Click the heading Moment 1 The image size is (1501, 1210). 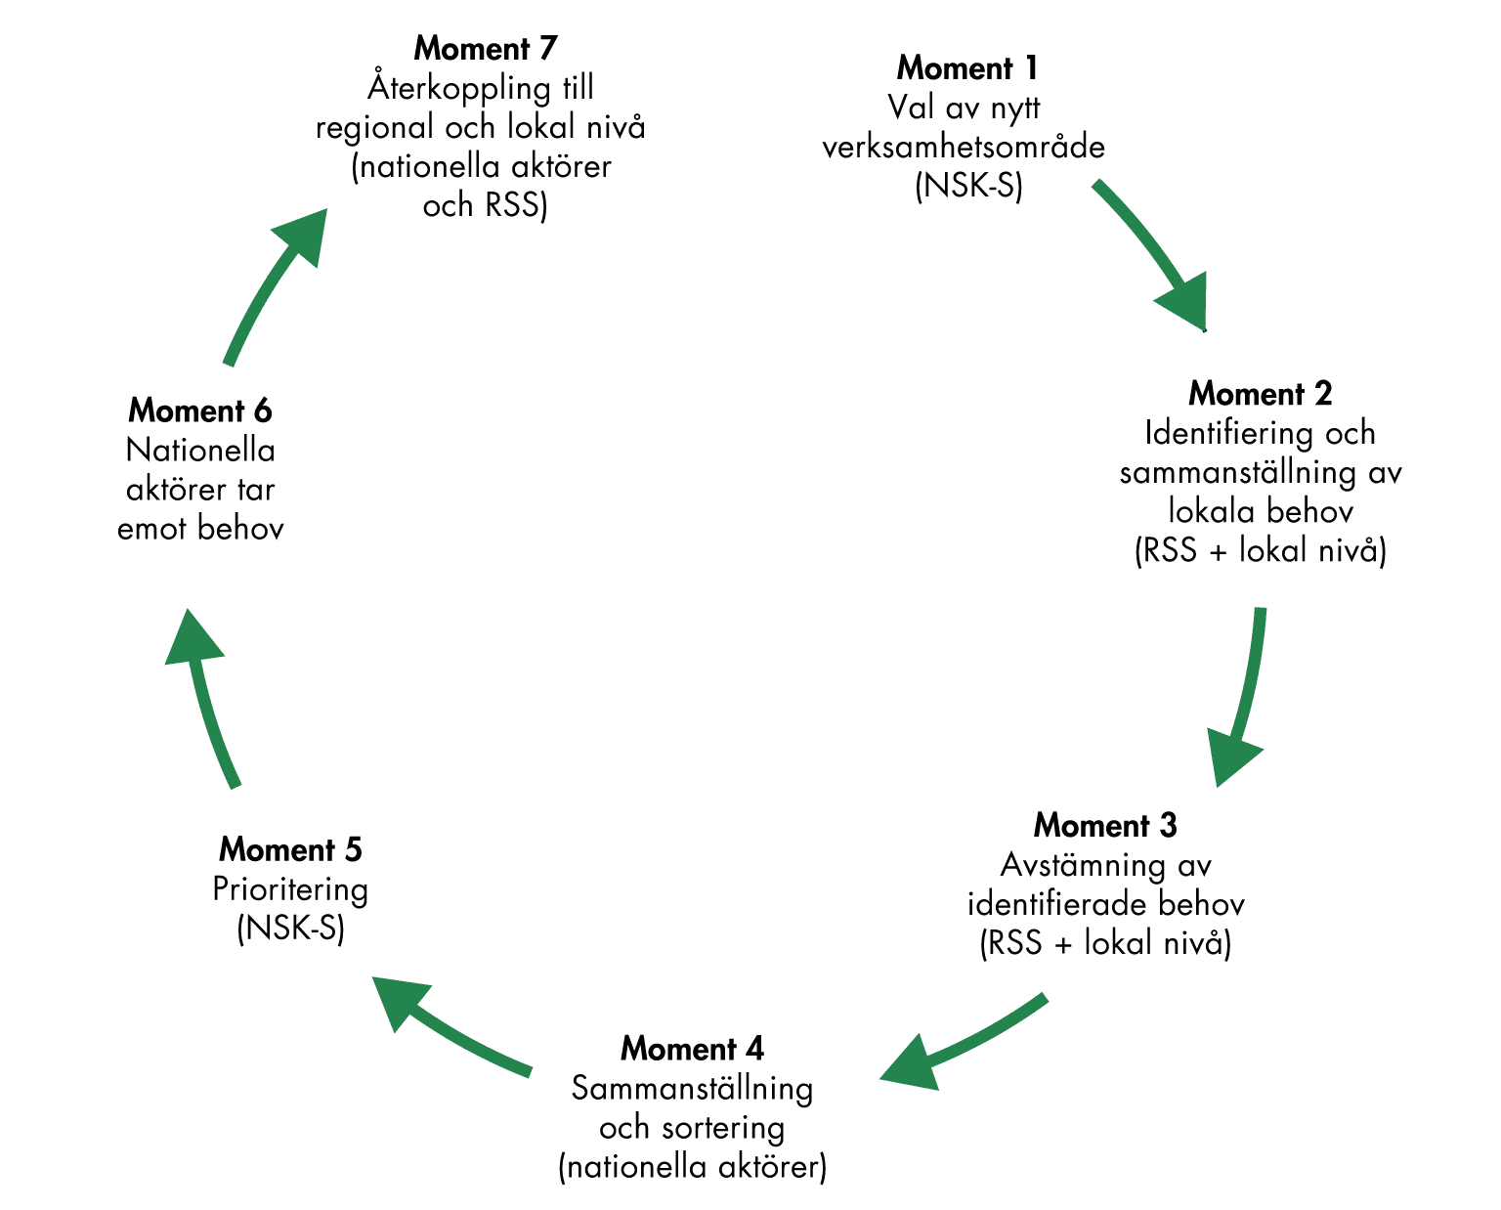[967, 68]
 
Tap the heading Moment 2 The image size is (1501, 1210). [1260, 394]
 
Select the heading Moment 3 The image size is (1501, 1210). [1105, 826]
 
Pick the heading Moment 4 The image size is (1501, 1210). [692, 1049]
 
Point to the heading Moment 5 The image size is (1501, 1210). [290, 850]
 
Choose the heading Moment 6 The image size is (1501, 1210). [200, 411]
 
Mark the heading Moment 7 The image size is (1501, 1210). [485, 48]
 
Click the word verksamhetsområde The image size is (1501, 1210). [964, 148]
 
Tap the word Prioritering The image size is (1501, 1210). [290, 889]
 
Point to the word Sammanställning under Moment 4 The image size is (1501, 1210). [692, 1089]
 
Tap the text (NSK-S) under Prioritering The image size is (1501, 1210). [290, 929]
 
